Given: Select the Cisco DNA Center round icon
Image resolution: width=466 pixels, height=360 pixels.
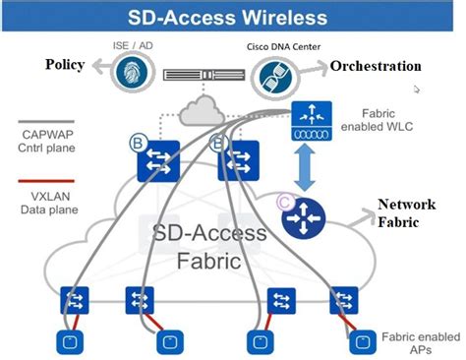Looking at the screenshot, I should pyautogui.click(x=274, y=75).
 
